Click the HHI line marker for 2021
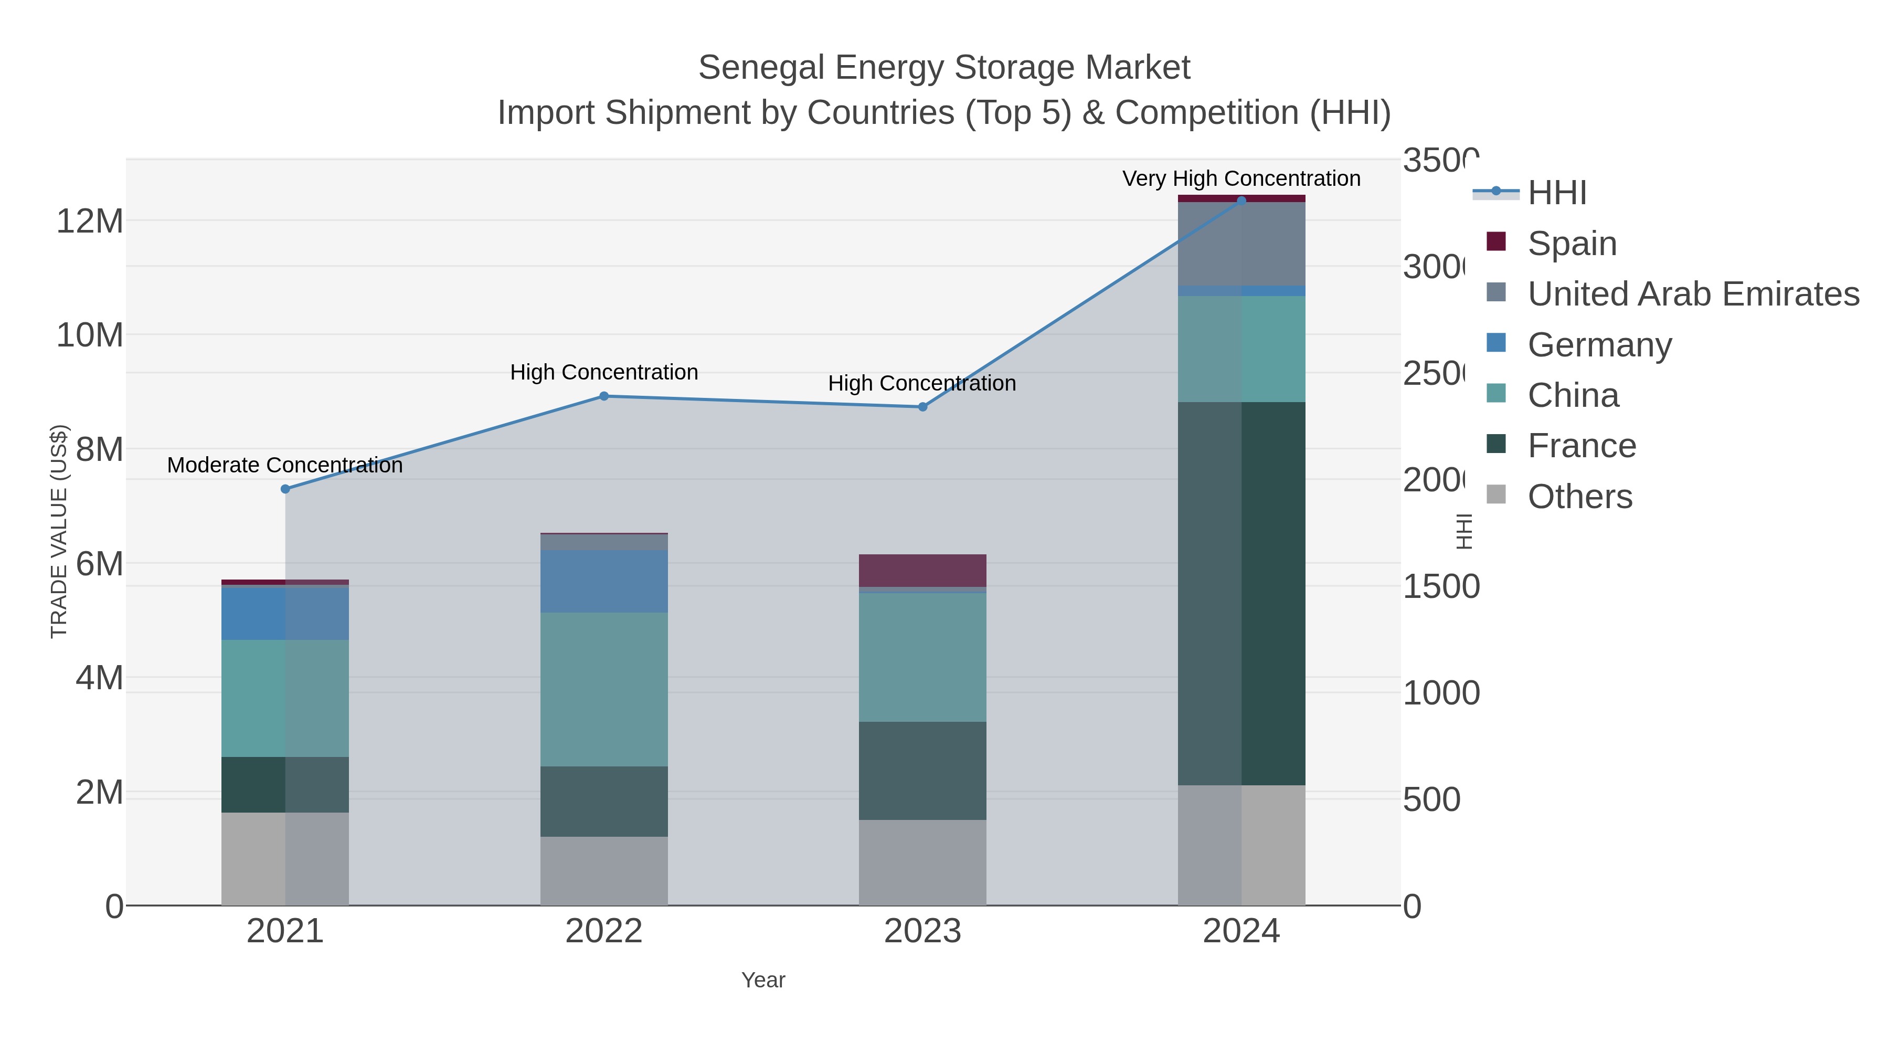[285, 489]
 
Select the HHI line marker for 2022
[604, 396]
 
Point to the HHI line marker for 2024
[1241, 201]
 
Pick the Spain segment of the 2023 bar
[922, 570]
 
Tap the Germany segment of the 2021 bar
[285, 613]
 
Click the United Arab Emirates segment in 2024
[1241, 244]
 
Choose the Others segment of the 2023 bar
[922, 862]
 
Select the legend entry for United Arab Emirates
[1692, 293]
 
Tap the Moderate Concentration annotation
[285, 465]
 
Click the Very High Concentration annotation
[1241, 178]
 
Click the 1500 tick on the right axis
[1440, 587]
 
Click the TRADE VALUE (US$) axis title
[59, 531]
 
